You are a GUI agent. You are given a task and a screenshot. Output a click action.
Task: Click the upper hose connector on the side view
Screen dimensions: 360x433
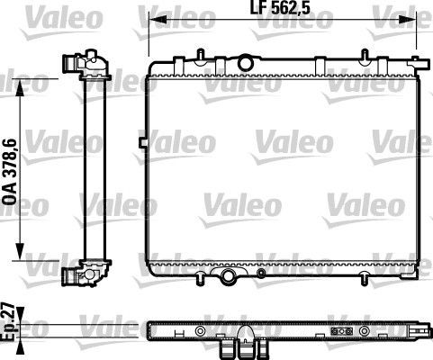(72, 65)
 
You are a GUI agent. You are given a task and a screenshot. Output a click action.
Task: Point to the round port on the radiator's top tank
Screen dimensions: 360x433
(245, 62)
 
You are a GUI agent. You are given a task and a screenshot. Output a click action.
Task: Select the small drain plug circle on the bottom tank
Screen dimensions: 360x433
(261, 272)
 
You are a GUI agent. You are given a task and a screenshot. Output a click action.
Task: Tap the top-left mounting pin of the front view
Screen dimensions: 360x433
(163, 61)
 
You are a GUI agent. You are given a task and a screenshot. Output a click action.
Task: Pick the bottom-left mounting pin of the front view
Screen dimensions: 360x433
(163, 276)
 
